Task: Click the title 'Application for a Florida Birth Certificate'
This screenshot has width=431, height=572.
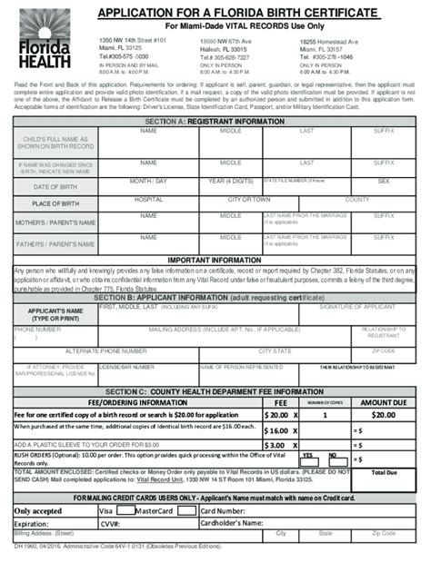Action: click(236, 12)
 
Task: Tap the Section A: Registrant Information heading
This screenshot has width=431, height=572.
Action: click(215, 121)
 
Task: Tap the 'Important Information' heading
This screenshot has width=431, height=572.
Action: click(215, 260)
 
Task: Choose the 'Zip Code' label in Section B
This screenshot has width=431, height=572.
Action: click(384, 350)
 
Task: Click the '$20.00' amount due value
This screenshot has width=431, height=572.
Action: click(383, 414)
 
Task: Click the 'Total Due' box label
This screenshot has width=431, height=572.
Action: click(386, 473)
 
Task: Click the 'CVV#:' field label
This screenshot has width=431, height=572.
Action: click(110, 524)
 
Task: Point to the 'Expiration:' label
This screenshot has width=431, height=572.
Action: click(32, 524)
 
